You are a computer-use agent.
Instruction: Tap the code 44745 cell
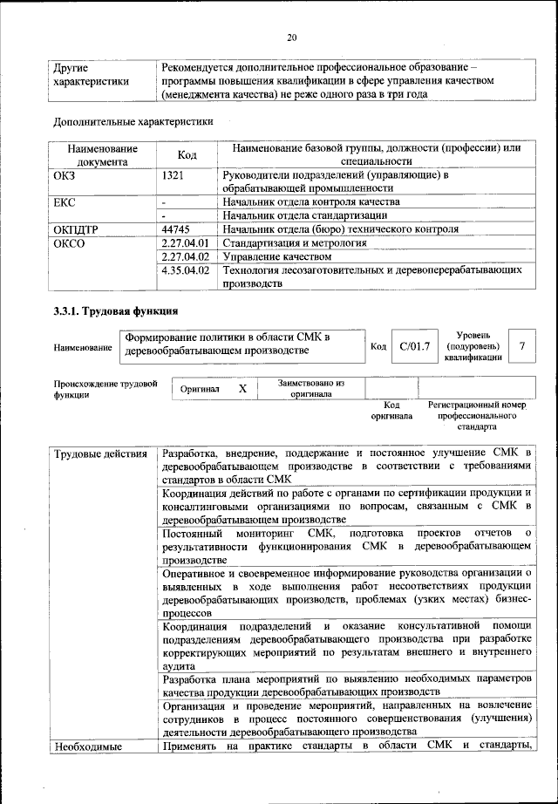177,229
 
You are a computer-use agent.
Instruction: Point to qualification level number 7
521,347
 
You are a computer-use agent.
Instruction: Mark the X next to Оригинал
243,388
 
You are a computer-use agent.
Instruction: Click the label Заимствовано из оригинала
310,388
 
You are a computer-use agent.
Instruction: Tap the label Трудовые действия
100,454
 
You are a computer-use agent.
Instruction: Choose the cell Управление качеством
277,257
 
